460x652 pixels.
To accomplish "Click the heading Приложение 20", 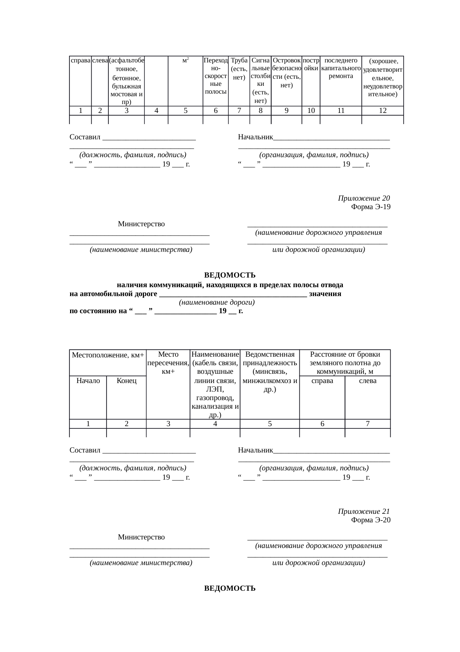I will [364, 198].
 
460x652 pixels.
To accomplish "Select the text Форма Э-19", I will [370, 207].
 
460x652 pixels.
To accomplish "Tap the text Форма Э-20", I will [370, 520].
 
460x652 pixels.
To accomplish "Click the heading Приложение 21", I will [364, 512].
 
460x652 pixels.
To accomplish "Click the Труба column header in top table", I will [239, 69].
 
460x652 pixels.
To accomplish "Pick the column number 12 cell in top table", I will [382, 110].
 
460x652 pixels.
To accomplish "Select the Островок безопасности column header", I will [286, 72].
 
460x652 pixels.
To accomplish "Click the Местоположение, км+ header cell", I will [108, 355].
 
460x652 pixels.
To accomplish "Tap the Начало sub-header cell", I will [88, 381].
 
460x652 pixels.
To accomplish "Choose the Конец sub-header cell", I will [126, 381].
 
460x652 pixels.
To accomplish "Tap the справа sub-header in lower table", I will [322, 381].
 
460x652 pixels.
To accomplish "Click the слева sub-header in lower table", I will [368, 381].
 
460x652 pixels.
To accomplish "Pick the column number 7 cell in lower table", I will [368, 424].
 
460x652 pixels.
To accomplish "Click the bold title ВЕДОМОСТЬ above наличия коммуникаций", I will [230, 275].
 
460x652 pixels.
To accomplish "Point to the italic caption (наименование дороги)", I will [217, 302].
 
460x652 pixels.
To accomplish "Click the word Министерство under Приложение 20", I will [141, 224].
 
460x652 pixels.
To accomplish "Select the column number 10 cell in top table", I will [311, 110].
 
